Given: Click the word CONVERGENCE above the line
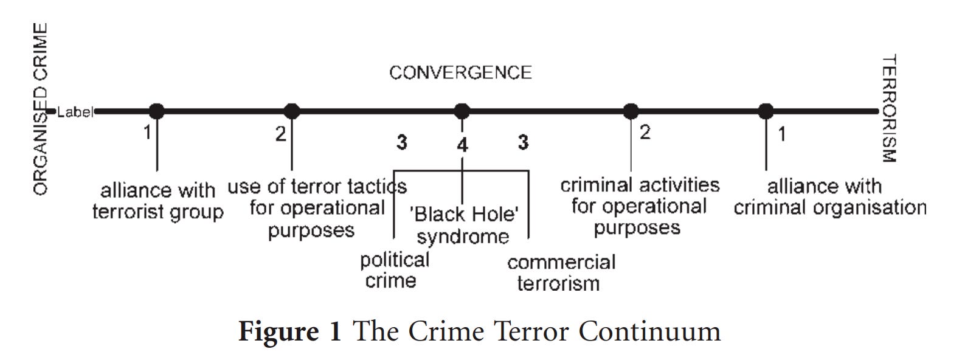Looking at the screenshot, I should (460, 73).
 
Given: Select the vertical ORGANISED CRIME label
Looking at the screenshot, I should (40, 109).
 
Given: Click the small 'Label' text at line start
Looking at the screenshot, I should (75, 112).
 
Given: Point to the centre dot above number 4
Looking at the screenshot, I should (462, 111).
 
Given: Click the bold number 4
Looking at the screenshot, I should (463, 145).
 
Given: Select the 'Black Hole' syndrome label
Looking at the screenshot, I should (463, 225).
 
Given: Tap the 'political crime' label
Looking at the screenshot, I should (394, 270).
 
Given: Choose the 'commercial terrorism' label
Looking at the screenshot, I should (561, 272).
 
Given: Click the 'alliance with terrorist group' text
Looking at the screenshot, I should (157, 201).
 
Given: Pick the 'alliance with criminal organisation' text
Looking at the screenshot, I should (829, 196).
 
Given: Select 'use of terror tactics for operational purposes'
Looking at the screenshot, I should (316, 208).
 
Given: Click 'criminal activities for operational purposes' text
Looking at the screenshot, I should (639, 206).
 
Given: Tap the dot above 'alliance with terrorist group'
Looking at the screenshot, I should (157, 111).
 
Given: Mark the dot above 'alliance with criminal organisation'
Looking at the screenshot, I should (766, 111).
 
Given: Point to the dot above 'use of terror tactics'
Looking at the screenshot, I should (292, 111).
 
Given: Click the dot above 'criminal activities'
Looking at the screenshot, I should (631, 111).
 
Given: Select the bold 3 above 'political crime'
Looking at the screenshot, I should (402, 142).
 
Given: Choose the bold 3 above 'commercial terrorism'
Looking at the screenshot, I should (523, 142).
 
